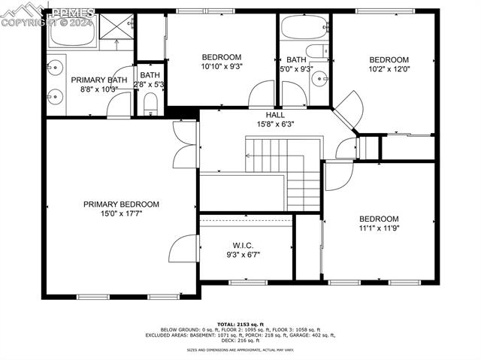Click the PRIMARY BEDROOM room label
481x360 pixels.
pyautogui.click(x=121, y=204)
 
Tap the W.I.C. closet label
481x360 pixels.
pyautogui.click(x=243, y=246)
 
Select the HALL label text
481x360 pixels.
pyautogui.click(x=275, y=115)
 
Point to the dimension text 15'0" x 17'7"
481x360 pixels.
pyautogui.click(x=121, y=213)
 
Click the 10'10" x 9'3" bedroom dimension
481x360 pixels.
pyautogui.click(x=221, y=67)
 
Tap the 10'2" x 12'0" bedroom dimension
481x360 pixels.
pyautogui.click(x=389, y=70)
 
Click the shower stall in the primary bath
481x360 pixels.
pyautogui.click(x=116, y=31)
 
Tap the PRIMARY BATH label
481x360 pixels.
pyautogui.click(x=99, y=80)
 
